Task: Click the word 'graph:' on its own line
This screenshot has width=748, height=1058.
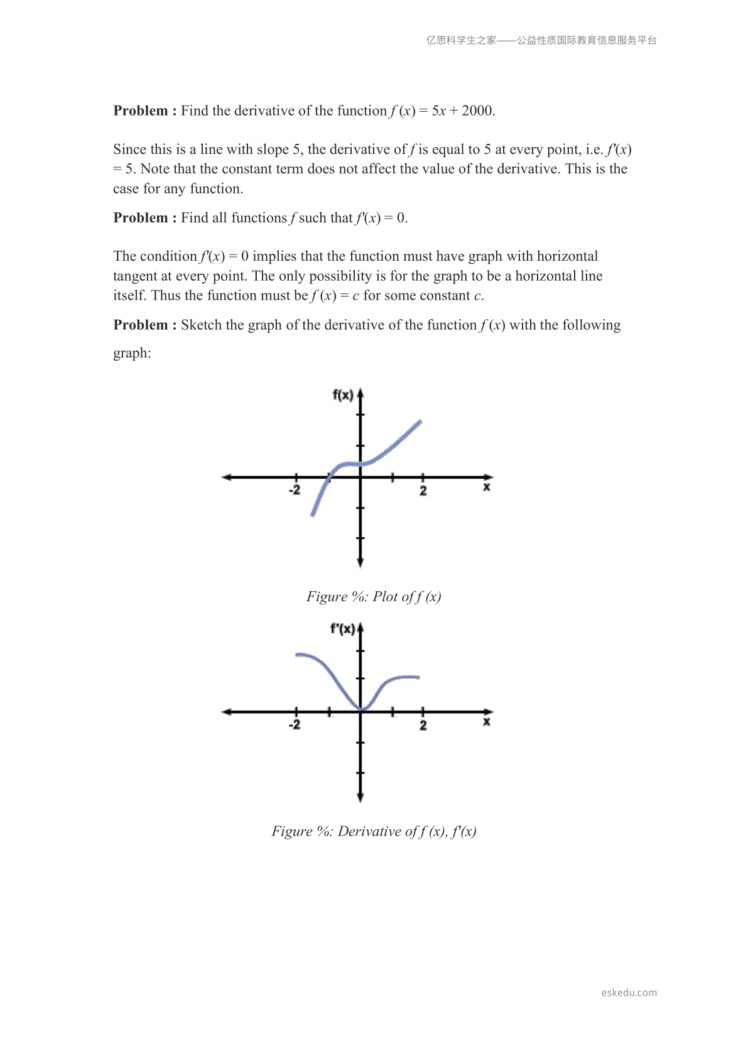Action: pyautogui.click(x=132, y=353)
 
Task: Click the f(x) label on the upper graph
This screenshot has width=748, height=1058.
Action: pyautogui.click(x=343, y=395)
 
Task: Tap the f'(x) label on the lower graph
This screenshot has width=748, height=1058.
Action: pyautogui.click(x=343, y=629)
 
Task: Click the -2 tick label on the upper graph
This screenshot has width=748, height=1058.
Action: pyautogui.click(x=295, y=490)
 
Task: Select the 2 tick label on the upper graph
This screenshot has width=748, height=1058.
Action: pyautogui.click(x=423, y=491)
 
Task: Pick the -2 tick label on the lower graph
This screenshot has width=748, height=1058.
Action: pyautogui.click(x=295, y=725)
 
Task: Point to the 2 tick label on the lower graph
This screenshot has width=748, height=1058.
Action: pyautogui.click(x=423, y=726)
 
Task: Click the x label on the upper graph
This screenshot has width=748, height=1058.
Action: pyautogui.click(x=487, y=488)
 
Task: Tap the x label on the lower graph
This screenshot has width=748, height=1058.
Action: pyautogui.click(x=487, y=723)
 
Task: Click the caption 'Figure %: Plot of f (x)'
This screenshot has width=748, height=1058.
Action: pyautogui.click(x=374, y=597)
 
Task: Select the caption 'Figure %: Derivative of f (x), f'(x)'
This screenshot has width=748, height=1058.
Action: pyautogui.click(x=374, y=832)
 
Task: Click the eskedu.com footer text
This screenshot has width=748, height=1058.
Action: pyautogui.click(x=629, y=993)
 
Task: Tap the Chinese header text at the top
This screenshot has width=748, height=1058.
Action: pyautogui.click(x=541, y=40)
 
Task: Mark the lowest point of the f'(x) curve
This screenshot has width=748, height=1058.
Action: pyautogui.click(x=362, y=709)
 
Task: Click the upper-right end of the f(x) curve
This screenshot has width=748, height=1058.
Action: pyautogui.click(x=420, y=422)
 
